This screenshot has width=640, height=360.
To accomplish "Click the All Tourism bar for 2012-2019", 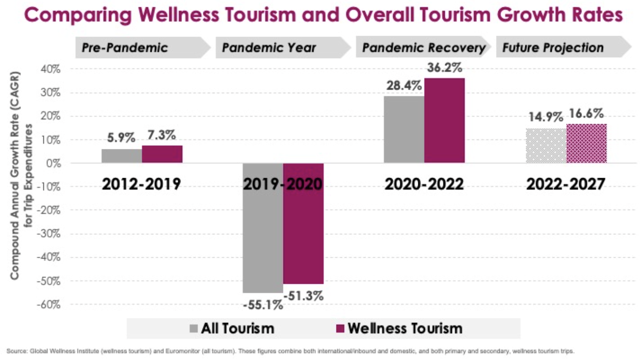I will tap(122, 156).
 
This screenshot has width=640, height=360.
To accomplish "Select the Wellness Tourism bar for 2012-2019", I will tap(162, 154).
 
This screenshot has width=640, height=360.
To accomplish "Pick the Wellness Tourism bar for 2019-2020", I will tap(303, 223).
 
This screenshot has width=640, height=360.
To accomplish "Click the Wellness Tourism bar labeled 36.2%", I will tap(444, 121).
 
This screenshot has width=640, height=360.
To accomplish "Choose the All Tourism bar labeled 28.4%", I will tap(404, 130).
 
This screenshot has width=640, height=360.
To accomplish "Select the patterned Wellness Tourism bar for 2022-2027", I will tap(587, 143).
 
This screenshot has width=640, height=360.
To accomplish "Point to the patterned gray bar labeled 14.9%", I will tap(546, 146).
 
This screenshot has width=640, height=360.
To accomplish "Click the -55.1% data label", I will tap(262, 304).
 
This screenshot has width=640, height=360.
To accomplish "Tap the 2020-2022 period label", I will tap(424, 184).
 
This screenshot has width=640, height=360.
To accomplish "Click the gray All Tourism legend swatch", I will tap(193, 328).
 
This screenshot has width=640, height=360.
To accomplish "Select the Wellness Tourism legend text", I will tap(405, 328).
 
